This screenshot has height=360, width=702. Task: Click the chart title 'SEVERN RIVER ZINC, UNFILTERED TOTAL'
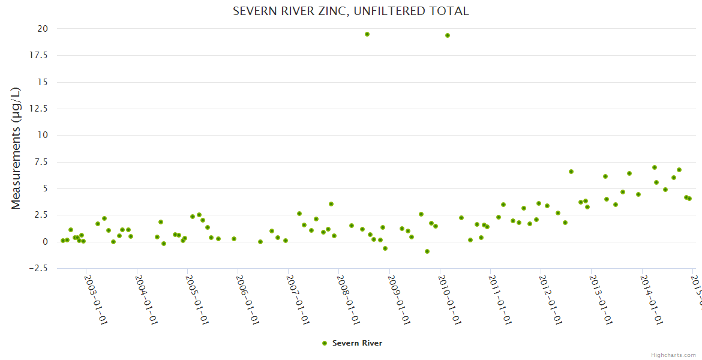point(350,11)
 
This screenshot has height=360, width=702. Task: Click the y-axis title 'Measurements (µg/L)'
point(16,148)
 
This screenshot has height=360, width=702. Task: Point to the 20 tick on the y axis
point(42,29)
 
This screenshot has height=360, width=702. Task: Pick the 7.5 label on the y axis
point(41,162)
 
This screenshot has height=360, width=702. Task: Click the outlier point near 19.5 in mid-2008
point(367,34)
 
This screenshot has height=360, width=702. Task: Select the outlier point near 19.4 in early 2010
point(448,35)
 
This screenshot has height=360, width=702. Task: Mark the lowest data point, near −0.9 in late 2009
point(427,251)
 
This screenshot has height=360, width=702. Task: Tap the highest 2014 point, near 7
point(655,167)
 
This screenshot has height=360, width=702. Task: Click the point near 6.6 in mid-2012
point(571,172)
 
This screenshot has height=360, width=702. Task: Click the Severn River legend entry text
point(357,343)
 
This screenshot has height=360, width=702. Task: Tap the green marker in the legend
point(325,343)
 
